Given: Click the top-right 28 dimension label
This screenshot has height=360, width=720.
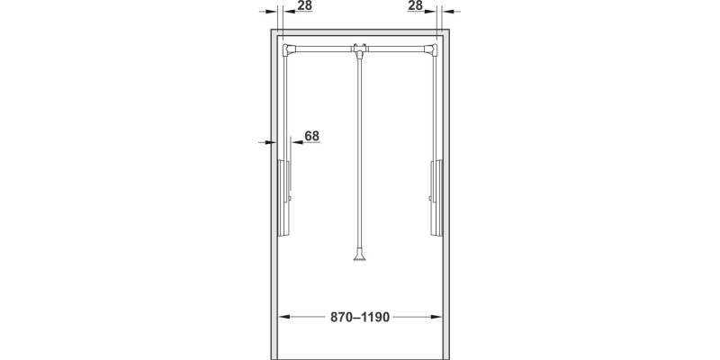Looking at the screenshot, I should point(415,6).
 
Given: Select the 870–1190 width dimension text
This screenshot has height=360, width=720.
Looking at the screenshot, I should point(360,318).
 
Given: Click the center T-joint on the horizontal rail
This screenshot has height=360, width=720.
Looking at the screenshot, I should point(360,49).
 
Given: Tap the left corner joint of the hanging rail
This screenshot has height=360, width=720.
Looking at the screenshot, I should point(288,49).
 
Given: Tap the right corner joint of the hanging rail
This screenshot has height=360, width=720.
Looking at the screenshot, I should point(432,49).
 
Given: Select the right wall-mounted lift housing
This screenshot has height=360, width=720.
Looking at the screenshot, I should point(436,196).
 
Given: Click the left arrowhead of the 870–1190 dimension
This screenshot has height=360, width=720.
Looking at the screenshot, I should point(282,318).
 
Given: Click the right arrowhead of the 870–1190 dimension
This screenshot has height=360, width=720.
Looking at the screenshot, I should point(439,318).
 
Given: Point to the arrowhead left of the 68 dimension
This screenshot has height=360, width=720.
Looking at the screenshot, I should point(270,142).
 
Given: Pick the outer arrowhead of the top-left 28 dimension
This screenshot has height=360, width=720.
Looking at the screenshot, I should point(271,13).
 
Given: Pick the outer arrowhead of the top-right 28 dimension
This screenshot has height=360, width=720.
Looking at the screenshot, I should point(448,13).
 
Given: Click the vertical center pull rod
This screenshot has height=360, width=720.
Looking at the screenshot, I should point(360,153).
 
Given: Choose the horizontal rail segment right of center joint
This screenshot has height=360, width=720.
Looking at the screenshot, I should point(398,47).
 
